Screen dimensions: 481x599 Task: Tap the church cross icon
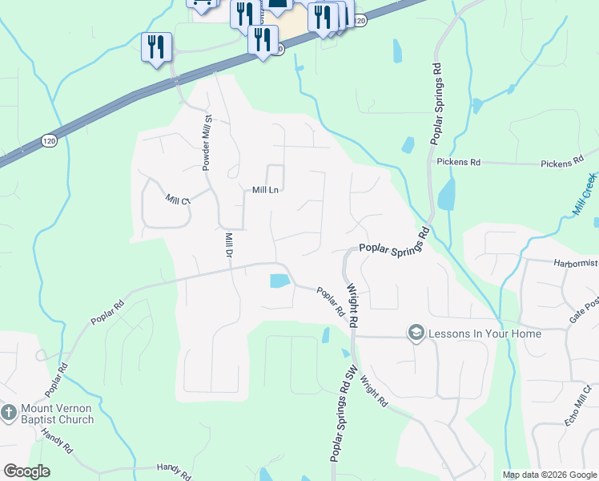coord(9,414)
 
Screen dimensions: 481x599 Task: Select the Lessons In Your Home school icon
coord(416,333)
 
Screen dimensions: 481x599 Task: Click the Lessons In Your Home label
coord(485,333)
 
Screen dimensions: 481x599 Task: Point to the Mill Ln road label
coord(265,190)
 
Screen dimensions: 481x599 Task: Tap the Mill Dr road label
coord(228,245)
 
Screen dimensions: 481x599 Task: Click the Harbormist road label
coord(575,262)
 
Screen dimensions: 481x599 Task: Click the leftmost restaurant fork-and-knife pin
coord(155,46)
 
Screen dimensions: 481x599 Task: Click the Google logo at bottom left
coord(26,471)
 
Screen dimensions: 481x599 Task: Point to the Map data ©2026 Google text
coord(549,475)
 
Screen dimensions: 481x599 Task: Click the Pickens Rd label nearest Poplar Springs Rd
coord(458,162)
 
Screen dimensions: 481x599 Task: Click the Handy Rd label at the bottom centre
coord(174,471)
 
